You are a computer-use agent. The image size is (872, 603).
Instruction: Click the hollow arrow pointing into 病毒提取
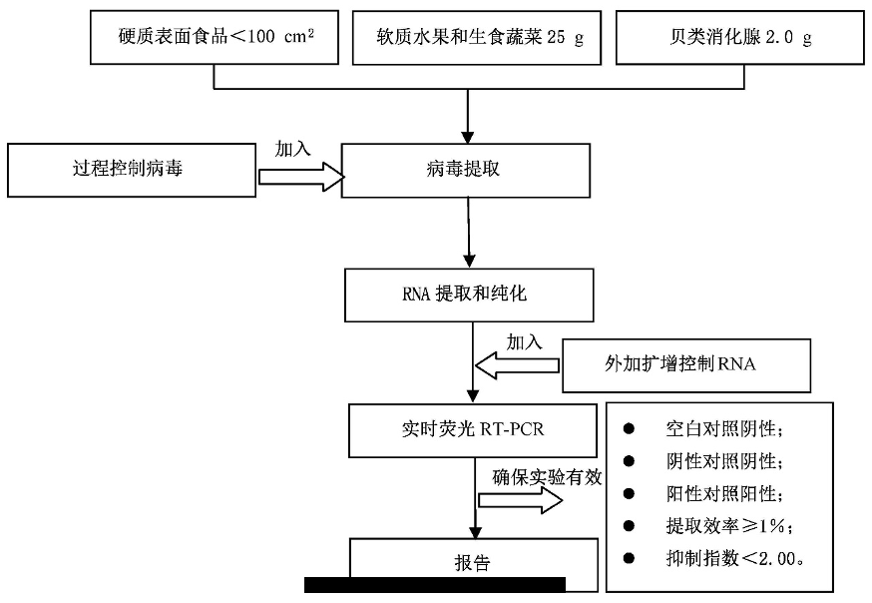coord(300,177)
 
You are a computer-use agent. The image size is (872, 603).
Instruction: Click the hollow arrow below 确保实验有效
coord(520,502)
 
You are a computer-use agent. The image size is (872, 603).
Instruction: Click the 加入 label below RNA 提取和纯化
coord(524,341)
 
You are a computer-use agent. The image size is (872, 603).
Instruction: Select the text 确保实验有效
coord(547,477)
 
